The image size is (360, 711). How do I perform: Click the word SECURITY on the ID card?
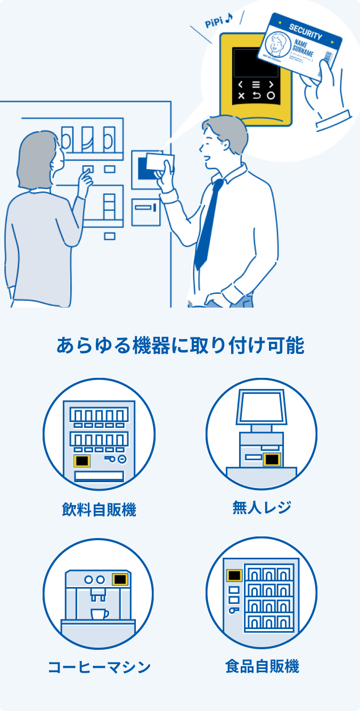(x=306, y=32)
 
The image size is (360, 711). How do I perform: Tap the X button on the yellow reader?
(x=241, y=96)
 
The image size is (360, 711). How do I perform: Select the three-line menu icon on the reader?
(x=256, y=84)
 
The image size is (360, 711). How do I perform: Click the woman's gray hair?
(x=37, y=154)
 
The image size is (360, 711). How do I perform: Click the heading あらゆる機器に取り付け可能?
(x=180, y=346)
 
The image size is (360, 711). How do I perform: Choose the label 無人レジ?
(x=261, y=507)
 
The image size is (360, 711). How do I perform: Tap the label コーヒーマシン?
(x=99, y=667)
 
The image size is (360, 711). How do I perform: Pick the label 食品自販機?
(x=261, y=666)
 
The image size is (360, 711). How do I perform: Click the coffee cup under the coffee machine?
(x=99, y=614)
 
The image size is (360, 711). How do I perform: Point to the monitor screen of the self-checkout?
(x=261, y=408)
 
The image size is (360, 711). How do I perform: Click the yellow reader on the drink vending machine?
(x=81, y=460)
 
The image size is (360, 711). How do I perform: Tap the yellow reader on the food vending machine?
(x=234, y=575)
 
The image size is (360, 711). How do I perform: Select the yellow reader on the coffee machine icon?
(x=120, y=579)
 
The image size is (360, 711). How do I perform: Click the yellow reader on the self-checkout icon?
(x=272, y=459)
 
